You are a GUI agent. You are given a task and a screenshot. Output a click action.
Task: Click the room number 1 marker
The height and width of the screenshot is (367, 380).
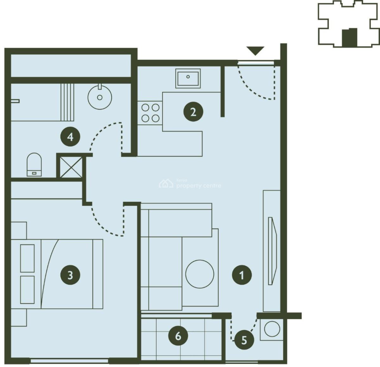click(x=242, y=275)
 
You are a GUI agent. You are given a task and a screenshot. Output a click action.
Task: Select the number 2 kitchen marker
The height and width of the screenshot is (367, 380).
click(x=193, y=112)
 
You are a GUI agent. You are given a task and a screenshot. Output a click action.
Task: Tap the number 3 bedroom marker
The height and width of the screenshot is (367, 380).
click(x=70, y=275)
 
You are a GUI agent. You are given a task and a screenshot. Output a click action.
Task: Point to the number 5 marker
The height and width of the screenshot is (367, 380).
click(x=244, y=340)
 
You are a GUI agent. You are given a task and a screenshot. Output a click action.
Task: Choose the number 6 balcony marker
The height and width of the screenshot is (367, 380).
click(x=178, y=336)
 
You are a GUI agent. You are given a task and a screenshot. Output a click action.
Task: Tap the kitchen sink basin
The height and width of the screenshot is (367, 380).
click(x=188, y=78)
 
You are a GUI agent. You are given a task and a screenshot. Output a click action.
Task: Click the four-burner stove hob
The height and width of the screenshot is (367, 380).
click(x=150, y=113)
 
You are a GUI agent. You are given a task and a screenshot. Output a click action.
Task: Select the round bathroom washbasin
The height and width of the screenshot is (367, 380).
click(x=100, y=97)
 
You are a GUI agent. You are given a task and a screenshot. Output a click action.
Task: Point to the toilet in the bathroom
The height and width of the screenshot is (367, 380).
click(x=34, y=165)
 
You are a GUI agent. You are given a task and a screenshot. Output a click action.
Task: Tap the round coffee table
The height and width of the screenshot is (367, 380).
click(x=199, y=274)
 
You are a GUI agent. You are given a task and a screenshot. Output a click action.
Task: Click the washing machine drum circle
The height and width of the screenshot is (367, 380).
click(x=272, y=329)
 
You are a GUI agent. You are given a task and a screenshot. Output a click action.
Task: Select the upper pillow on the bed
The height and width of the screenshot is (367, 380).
click(x=27, y=258)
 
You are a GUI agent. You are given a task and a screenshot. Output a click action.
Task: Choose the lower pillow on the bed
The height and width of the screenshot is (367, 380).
click(x=27, y=289)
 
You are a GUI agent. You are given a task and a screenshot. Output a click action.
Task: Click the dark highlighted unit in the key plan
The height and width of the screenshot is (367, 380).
click(x=349, y=37)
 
